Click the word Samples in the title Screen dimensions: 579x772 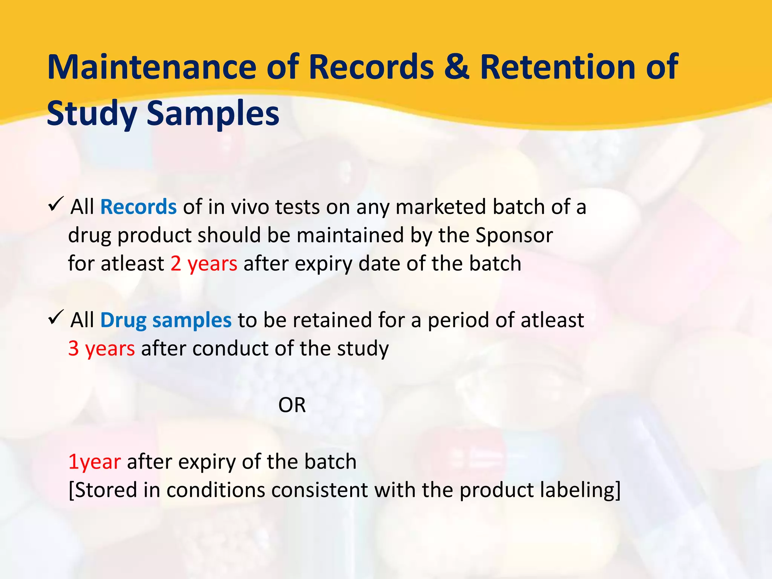pyautogui.click(x=213, y=114)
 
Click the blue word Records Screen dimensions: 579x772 pyautogui.click(x=138, y=207)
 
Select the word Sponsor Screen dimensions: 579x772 pyautogui.click(x=514, y=235)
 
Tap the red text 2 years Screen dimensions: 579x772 pyautogui.click(x=204, y=263)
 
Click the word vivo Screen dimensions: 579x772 pyautogui.click(x=249, y=207)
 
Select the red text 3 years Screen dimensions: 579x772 pyautogui.click(x=101, y=348)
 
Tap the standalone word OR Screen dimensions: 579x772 pyautogui.click(x=292, y=405)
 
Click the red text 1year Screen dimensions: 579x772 pyautogui.click(x=95, y=462)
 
